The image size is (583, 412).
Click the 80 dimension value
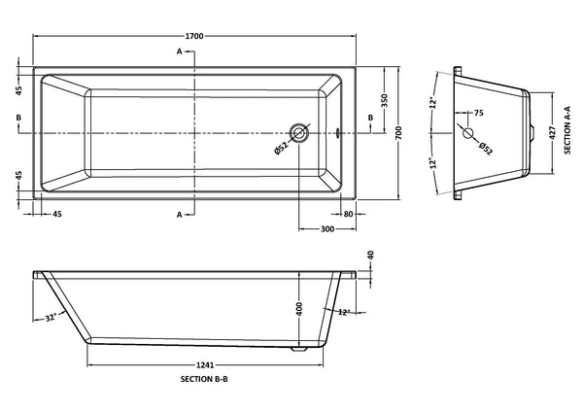347,213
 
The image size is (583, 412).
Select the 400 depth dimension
299,308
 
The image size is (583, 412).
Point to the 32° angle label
51,317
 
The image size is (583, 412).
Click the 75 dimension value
478,113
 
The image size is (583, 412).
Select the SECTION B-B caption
206,382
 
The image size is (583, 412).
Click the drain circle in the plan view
299,133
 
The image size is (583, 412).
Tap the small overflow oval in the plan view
337,133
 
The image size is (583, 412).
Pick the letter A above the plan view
180,51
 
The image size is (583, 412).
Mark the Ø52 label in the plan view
281,148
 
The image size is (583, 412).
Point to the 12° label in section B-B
343,313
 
